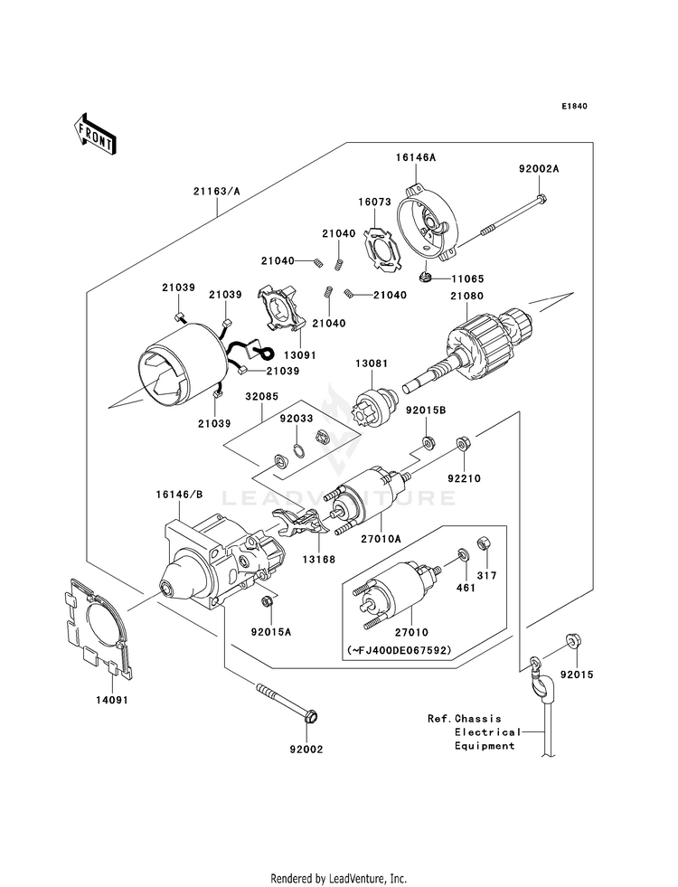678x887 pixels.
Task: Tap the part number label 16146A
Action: point(415,157)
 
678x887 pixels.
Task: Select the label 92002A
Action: point(539,169)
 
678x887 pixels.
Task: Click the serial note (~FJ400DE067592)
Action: point(399,650)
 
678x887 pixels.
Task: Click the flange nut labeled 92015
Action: point(571,642)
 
